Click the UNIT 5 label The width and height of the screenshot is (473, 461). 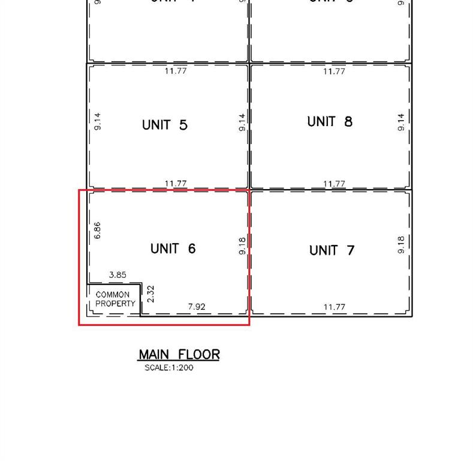point(165,125)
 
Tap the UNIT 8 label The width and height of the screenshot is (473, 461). point(330,122)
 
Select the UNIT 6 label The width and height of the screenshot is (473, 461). point(173,249)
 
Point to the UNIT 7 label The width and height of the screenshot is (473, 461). point(332,250)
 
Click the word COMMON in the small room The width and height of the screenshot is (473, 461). point(112,295)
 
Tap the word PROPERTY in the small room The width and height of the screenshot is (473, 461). point(116,304)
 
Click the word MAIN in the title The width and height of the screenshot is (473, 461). point(154,355)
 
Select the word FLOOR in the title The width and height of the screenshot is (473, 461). point(199,355)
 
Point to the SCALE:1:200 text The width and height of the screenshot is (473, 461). point(168,367)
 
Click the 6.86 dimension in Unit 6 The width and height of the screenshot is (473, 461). point(97,230)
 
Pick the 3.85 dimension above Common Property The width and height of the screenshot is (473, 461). point(118,275)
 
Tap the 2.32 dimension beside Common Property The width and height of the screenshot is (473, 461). point(150,294)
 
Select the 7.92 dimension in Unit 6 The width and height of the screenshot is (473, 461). point(197,307)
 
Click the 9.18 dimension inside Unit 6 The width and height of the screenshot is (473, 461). point(242,245)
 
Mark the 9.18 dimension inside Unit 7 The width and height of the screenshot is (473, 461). point(401,244)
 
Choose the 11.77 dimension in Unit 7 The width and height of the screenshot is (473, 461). point(335,307)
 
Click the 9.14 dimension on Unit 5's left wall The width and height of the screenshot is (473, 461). point(98,122)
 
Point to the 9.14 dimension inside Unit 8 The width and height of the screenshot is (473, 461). point(401,122)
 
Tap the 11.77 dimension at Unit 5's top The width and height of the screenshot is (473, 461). point(176,71)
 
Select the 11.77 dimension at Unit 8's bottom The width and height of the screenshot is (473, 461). point(335,184)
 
